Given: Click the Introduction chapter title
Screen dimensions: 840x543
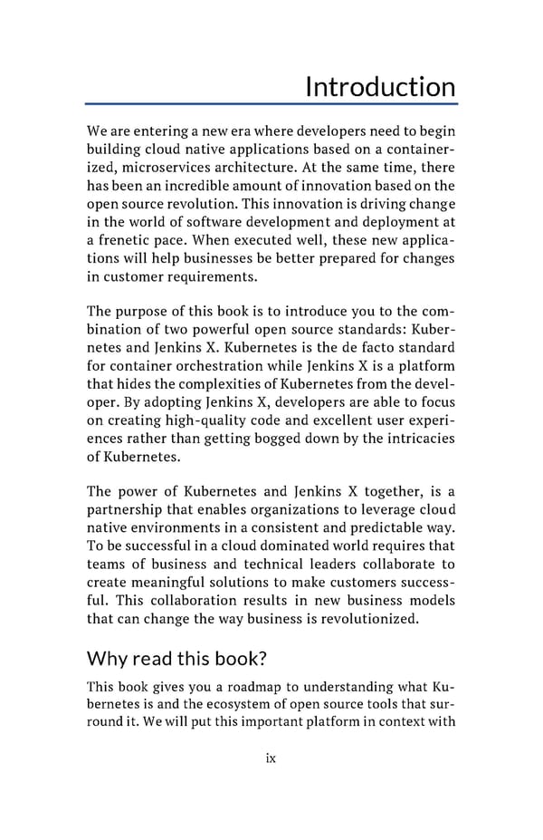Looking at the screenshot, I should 380,87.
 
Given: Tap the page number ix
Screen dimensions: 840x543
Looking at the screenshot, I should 271,758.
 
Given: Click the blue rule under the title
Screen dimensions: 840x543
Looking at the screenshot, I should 271,105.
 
